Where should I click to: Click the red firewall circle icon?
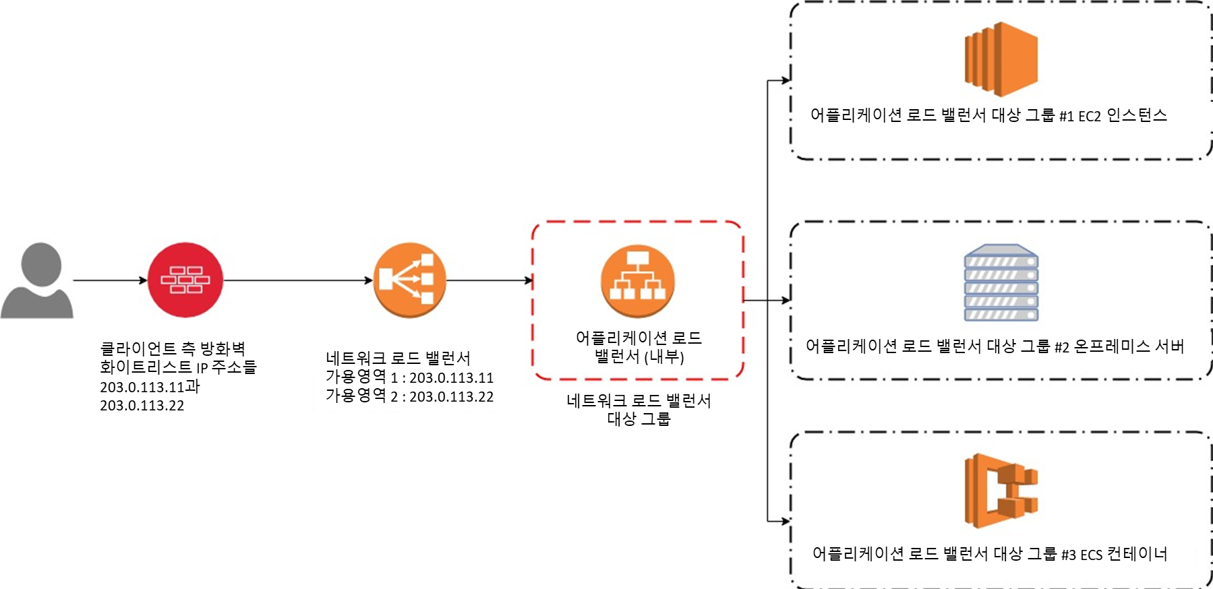(x=185, y=280)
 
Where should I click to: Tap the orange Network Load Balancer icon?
(x=410, y=280)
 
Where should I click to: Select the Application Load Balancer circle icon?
(x=637, y=280)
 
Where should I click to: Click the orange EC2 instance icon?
(x=1001, y=59)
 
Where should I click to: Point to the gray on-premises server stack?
(x=1001, y=283)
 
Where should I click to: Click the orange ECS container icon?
(x=1001, y=491)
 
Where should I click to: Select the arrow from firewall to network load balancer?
(x=297, y=280)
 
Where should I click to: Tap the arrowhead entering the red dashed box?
(x=529, y=280)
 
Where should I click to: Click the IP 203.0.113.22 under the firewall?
(x=142, y=406)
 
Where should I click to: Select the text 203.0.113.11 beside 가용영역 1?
(x=451, y=378)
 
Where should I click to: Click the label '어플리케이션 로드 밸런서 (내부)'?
(x=639, y=347)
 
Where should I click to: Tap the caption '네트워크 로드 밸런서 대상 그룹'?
(x=639, y=410)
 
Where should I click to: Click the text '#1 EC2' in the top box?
(x=1079, y=116)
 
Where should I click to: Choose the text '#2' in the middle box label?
(x=1061, y=347)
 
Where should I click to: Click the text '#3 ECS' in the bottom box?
(x=1082, y=555)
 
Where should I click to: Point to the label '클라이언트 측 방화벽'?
(x=173, y=348)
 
